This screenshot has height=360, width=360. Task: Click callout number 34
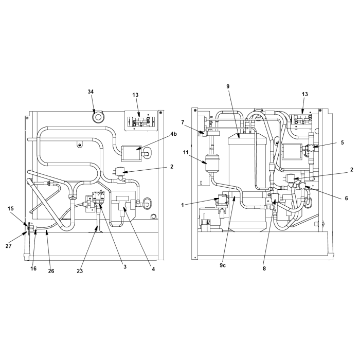[x=91, y=92]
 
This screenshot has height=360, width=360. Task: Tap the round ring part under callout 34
[x=98, y=117]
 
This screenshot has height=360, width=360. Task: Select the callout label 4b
[x=174, y=134]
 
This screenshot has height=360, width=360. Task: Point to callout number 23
[x=80, y=271]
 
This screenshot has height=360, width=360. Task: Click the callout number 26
[x=51, y=271]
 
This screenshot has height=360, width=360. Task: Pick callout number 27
[x=9, y=246]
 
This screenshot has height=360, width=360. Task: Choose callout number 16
[x=33, y=268]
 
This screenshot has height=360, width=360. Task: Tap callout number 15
[x=11, y=209]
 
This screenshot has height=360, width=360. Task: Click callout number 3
[x=125, y=267]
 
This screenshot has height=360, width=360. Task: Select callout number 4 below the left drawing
[x=153, y=269]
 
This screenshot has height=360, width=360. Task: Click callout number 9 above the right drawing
[x=228, y=86]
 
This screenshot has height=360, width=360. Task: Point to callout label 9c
[x=223, y=265]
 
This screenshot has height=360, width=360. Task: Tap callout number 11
[x=186, y=153]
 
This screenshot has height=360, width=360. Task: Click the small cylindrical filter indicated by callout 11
[x=212, y=163]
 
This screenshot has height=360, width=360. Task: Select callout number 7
[x=183, y=122]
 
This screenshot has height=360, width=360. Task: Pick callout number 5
[x=343, y=142]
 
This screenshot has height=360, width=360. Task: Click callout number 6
[x=347, y=198]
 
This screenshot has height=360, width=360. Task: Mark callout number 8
[x=264, y=268]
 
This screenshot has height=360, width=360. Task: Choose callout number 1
[x=183, y=205]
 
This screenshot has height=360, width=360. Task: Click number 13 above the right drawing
[x=304, y=94]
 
